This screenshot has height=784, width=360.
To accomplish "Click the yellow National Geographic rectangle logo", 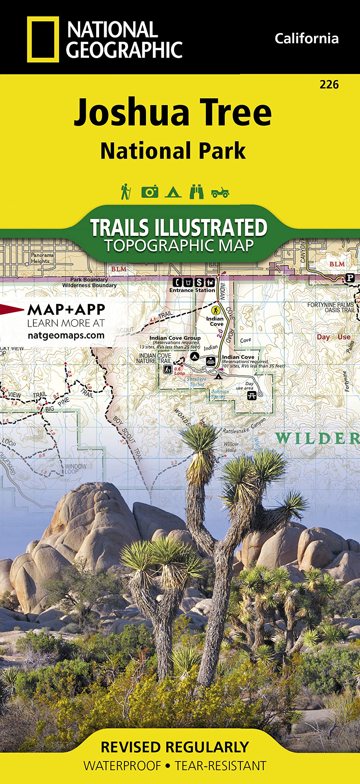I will click(x=43, y=40).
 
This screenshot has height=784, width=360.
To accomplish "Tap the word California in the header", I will click(x=306, y=39).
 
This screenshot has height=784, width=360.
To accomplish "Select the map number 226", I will click(x=329, y=85).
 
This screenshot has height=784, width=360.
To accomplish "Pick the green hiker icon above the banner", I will click(x=126, y=192).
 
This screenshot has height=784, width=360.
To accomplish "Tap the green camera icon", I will click(x=150, y=192).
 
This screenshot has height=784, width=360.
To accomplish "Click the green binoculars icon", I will click(x=197, y=192).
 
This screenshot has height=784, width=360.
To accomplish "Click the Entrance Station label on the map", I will click(x=192, y=290).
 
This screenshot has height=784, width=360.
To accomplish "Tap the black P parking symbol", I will click(x=350, y=278).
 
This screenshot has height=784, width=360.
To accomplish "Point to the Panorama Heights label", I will click(x=42, y=258).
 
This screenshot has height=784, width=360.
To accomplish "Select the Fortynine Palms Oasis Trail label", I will click(x=330, y=307).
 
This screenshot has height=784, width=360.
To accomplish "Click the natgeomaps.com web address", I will click(x=66, y=335).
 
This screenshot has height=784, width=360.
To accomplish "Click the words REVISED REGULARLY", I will click(x=175, y=747).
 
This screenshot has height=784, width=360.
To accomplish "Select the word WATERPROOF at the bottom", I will click(x=122, y=766).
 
